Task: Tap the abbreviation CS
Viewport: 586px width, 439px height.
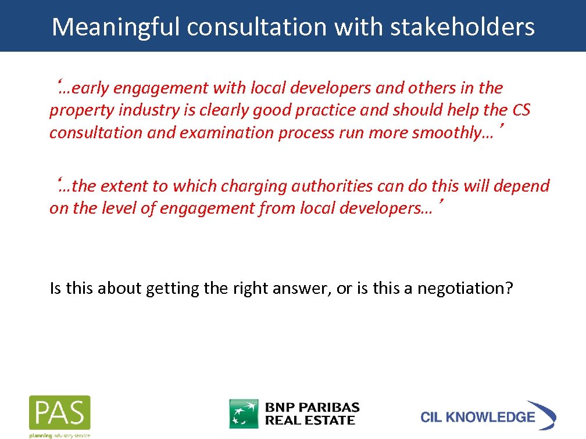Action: tap(520, 111)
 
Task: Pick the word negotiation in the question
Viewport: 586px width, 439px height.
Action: tap(465, 288)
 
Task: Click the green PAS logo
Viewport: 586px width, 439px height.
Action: tap(60, 413)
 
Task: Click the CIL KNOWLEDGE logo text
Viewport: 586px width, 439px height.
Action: tap(478, 417)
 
